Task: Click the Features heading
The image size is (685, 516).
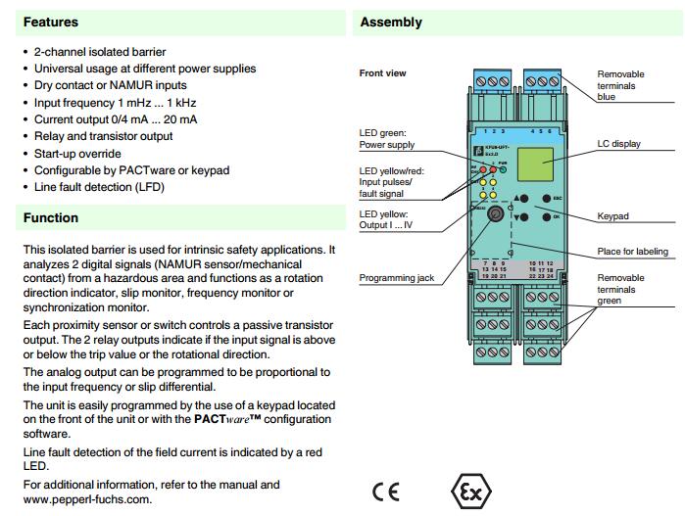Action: pos(50,22)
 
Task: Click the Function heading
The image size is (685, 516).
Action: pos(51,217)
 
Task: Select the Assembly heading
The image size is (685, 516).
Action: pos(391,22)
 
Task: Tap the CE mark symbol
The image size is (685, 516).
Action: pos(386,492)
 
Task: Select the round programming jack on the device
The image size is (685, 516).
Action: pos(497,212)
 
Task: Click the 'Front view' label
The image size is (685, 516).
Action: pos(382,73)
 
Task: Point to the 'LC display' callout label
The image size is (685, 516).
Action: pos(619,144)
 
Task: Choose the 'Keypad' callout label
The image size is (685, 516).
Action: pos(613,216)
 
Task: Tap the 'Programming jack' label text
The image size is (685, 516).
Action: pos(396,278)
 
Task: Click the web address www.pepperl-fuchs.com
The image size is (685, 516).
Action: pos(87,499)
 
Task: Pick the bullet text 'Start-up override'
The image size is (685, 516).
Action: pos(77,153)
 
